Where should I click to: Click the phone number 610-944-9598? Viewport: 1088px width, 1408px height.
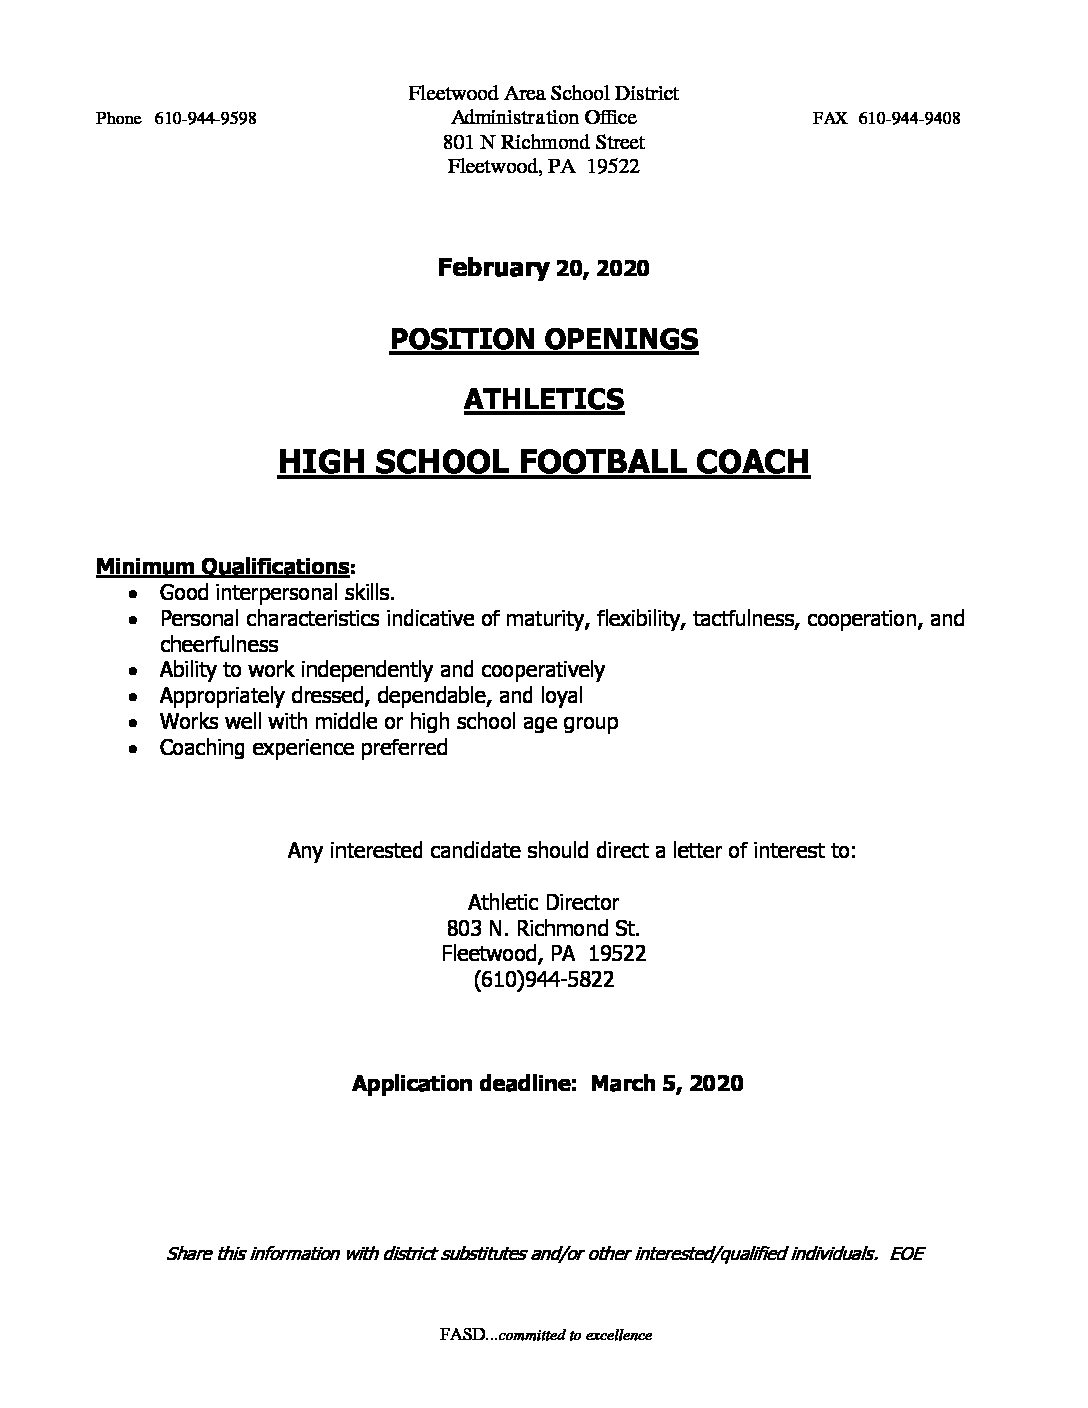[205, 118]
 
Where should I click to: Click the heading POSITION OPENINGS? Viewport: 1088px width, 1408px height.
[543, 339]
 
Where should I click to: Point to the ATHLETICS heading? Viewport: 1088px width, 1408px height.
[543, 399]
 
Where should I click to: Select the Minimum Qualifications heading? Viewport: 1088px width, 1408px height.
[223, 567]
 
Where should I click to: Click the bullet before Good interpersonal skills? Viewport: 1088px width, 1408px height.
[133, 593]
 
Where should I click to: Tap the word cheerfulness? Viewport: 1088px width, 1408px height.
[218, 644]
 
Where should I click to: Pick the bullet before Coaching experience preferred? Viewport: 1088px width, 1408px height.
[133, 748]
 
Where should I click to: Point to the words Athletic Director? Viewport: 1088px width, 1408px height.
[543, 902]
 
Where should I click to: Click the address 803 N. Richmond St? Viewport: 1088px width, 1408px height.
[543, 928]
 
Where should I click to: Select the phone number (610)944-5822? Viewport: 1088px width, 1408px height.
[543, 980]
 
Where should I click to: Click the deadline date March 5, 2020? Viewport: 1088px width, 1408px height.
[666, 1082]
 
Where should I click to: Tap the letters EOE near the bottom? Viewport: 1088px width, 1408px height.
[905, 1253]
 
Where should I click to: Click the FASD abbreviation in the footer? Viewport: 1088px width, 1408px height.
[459, 1335]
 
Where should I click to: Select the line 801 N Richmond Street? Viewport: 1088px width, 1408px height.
[543, 142]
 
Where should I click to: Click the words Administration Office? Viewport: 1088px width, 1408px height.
[543, 118]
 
